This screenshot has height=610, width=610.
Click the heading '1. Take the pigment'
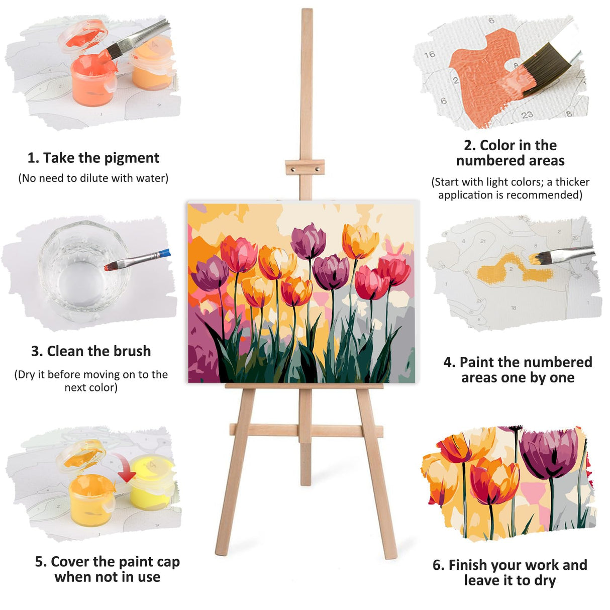point(93,158)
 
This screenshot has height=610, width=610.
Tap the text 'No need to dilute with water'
point(93,178)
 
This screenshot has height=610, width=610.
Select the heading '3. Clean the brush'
point(91,351)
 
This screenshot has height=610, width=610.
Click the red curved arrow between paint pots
point(125,467)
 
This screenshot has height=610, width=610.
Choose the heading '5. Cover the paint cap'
point(107,562)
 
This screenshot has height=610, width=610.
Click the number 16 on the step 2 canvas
point(430,55)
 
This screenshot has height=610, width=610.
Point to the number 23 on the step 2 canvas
point(527,115)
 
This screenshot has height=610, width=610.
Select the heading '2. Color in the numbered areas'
point(510,153)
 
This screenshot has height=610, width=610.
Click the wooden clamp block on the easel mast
point(304,167)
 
